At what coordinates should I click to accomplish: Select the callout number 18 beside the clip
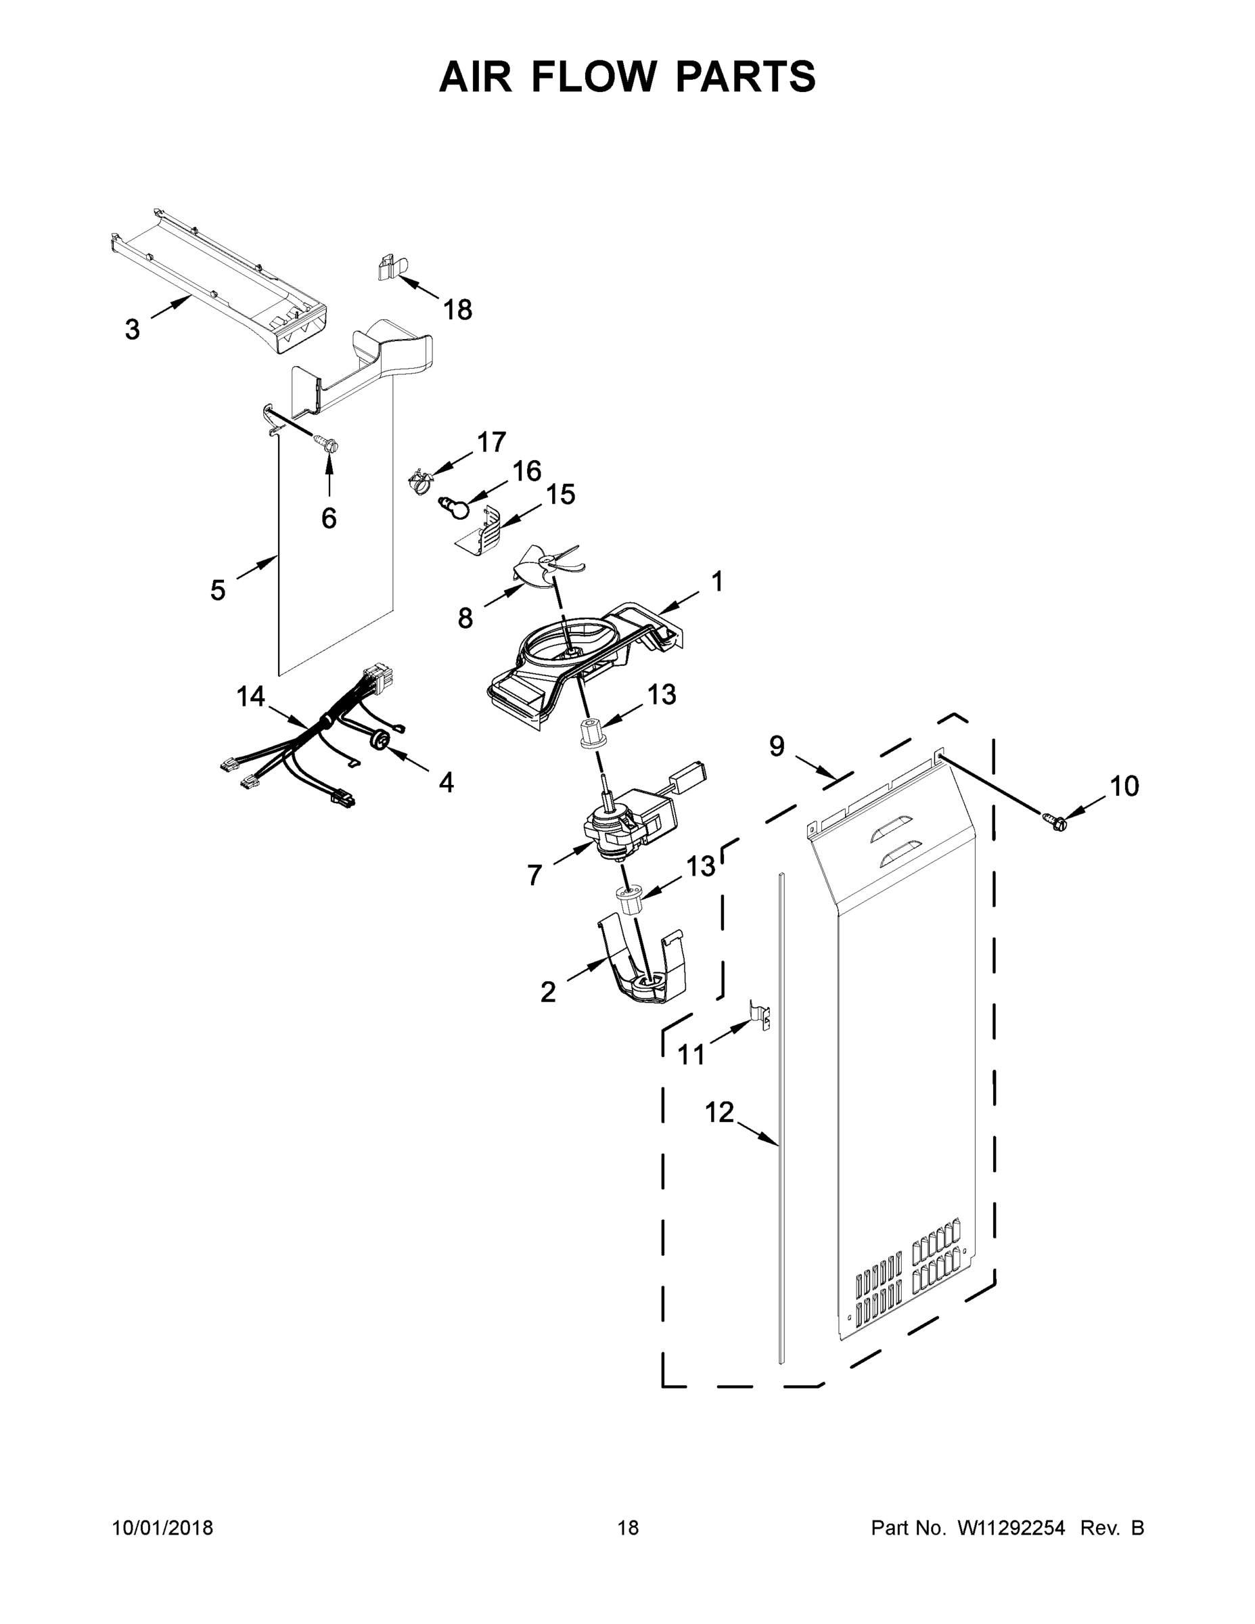tap(457, 310)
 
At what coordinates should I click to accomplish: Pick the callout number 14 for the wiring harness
tap(250, 697)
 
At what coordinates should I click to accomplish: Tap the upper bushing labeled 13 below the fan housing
tap(593, 736)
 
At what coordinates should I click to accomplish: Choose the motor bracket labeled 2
tap(643, 967)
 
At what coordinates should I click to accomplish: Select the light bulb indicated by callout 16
tap(454, 508)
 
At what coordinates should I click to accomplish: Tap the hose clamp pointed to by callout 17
tap(421, 481)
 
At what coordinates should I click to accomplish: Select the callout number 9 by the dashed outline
tap(776, 746)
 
